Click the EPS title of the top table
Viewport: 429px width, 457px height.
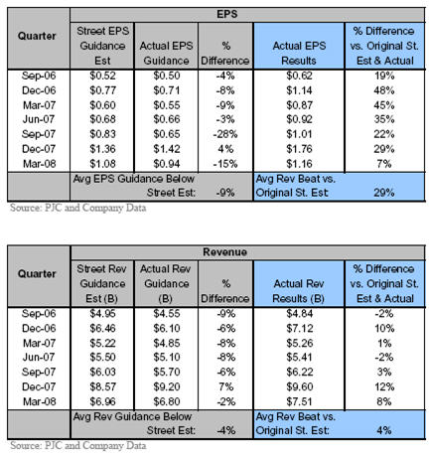tap(227, 15)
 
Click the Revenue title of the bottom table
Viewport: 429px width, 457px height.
tap(225, 252)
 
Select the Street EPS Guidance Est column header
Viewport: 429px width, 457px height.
tap(102, 46)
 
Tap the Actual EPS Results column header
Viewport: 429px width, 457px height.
tap(299, 54)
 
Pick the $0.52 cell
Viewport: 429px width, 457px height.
tap(102, 76)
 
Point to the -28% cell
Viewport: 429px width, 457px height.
tap(225, 134)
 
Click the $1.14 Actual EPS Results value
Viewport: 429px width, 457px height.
tap(299, 90)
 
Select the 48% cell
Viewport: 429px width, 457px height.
tap(384, 90)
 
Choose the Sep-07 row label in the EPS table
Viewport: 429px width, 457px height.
tap(39, 134)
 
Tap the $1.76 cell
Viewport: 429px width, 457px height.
tap(299, 149)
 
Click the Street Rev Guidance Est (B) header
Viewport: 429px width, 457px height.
tap(102, 284)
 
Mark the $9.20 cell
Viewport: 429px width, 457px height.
tap(167, 386)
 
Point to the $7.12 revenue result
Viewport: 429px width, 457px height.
tap(299, 329)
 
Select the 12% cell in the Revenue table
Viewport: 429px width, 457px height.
tap(384, 386)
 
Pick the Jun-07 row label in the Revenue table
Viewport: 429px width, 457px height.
tap(39, 358)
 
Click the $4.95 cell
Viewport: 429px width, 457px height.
tap(102, 314)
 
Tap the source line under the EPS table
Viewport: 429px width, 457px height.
tap(78, 208)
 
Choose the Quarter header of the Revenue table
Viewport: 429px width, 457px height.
tap(37, 274)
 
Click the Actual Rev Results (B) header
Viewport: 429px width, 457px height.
tap(299, 291)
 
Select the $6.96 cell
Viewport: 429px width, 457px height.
tap(102, 401)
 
